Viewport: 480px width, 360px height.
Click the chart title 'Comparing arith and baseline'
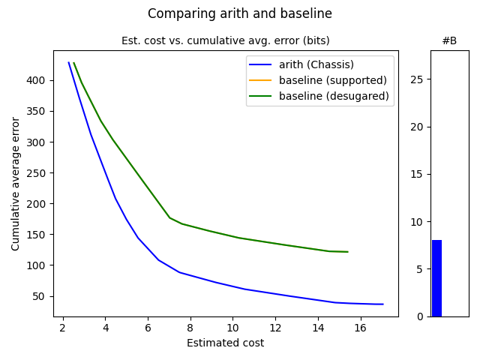pyautogui.click(x=240, y=13)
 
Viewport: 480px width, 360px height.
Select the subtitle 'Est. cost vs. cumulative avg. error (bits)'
pyautogui.click(x=225, y=40)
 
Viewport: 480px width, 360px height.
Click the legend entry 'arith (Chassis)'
pyautogui.click(x=316, y=64)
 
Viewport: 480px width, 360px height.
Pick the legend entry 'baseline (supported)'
pyautogui.click(x=332, y=80)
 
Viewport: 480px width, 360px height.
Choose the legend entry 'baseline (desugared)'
pyautogui.click(x=334, y=96)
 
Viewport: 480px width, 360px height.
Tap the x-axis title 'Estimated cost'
pyautogui.click(x=225, y=343)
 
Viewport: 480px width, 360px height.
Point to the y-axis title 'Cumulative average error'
pyautogui.click(x=16, y=184)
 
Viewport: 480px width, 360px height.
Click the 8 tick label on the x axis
pyautogui.click(x=190, y=328)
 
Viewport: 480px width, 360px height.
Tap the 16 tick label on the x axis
pyautogui.click(x=361, y=328)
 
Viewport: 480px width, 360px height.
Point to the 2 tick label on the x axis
pyautogui.click(x=63, y=328)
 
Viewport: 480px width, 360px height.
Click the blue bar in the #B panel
pyautogui.click(x=436, y=278)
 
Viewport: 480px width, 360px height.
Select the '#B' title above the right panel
pyautogui.click(x=449, y=40)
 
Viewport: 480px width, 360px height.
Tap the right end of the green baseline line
pyautogui.click(x=347, y=252)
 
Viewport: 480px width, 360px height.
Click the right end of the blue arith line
pyautogui.click(x=382, y=304)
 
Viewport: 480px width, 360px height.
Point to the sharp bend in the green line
pyautogui.click(x=170, y=217)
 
